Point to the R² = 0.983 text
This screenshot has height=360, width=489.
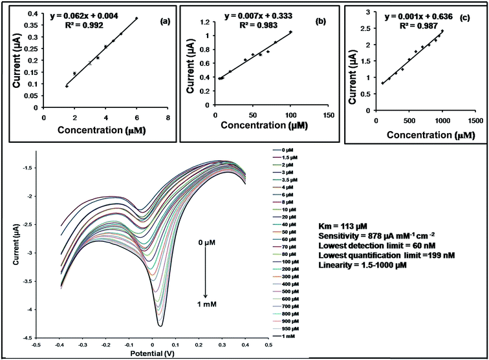261,25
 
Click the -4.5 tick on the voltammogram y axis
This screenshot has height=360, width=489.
26,337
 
